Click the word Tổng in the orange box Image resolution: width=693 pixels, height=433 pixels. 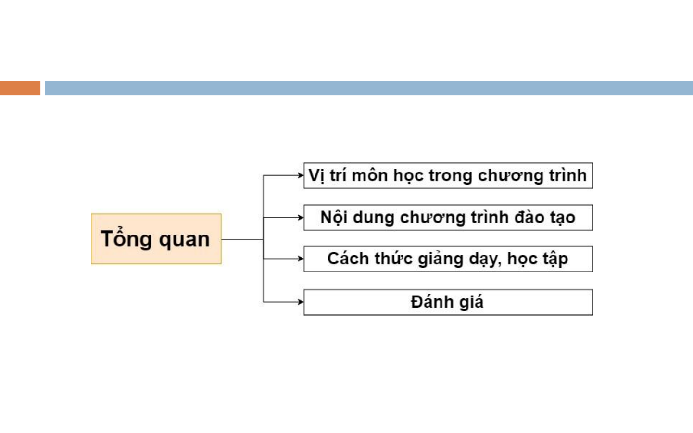[126, 238]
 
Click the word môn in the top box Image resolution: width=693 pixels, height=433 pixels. [370, 175]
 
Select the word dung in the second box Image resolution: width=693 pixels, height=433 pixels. [374, 218]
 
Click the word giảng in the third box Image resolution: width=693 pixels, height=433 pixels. [441, 259]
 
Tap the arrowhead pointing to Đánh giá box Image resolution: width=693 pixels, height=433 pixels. [301, 302]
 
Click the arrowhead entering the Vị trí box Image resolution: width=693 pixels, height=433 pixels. [301, 175]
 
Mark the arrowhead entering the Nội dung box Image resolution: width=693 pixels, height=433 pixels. [301, 218]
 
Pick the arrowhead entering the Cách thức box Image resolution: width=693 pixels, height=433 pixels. [301, 259]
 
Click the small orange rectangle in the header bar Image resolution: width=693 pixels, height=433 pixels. [20, 88]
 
